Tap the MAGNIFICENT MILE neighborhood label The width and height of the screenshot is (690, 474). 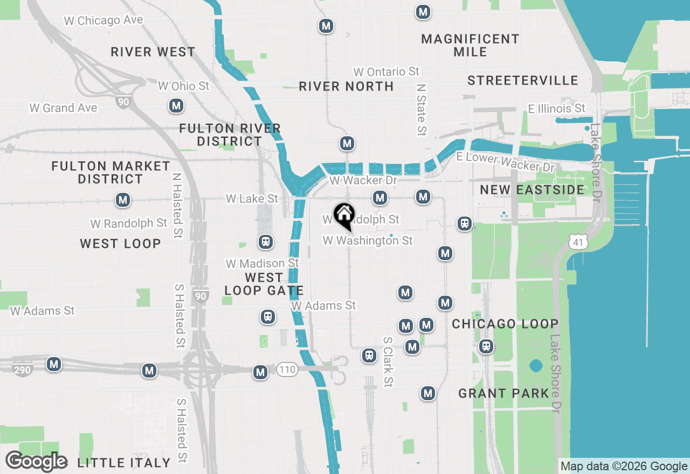click(470, 45)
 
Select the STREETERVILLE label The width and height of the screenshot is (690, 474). click(522, 80)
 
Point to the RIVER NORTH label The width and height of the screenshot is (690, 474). click(346, 86)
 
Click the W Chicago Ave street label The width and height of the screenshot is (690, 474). click(103, 20)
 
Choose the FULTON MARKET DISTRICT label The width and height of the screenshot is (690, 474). click(111, 172)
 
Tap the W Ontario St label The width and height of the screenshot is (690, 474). click(386, 72)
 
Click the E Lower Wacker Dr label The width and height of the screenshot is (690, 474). click(505, 162)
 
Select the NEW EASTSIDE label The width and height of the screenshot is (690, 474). click(532, 190)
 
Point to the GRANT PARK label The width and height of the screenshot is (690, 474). click(503, 394)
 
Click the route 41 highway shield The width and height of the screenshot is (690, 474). click(577, 243)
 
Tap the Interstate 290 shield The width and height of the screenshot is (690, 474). click(24, 370)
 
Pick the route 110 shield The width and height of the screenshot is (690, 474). click(287, 370)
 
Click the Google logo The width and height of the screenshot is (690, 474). click(37, 461)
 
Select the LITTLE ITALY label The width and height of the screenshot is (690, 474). click(124, 463)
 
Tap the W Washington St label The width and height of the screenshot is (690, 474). click(368, 240)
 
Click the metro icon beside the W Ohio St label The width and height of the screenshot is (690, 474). click(175, 106)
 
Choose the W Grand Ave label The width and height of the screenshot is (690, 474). click(64, 108)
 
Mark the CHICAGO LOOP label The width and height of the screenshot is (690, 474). click(505, 324)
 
